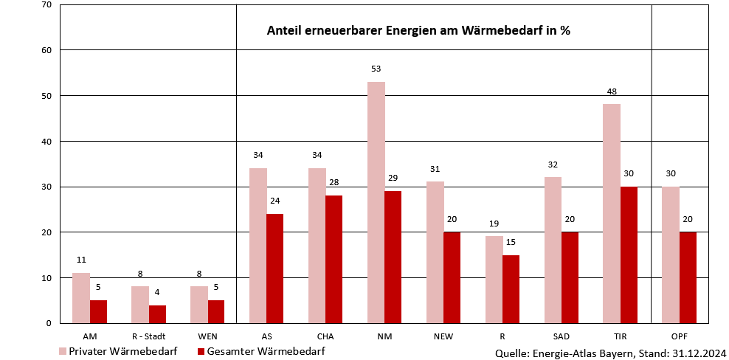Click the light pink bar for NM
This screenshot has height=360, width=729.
pos(376,202)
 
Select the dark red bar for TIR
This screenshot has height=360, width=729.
pos(628,255)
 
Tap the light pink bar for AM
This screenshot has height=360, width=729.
pos(81,298)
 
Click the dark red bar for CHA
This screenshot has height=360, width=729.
pos(334,259)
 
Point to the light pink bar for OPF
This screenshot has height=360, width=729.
pos(670,255)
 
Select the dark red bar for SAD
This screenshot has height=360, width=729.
pos(570,277)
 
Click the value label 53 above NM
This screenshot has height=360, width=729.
pos(376,69)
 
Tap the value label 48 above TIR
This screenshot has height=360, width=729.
pos(612,91)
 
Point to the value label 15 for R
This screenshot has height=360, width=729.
pos(511,242)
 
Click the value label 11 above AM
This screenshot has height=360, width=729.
pos(81,260)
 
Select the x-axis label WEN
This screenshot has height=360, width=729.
pos(207,336)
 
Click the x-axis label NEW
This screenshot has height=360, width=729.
pos(443,336)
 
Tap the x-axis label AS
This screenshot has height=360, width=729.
pos(266,336)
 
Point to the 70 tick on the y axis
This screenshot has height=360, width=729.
pos(46,5)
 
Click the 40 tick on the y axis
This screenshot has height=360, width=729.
pos(46,141)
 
